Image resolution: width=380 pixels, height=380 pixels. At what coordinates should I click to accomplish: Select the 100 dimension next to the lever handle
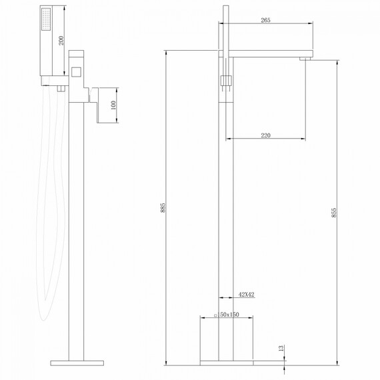coord(113,106)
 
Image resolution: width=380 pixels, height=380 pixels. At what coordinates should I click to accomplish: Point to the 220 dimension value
coord(265,135)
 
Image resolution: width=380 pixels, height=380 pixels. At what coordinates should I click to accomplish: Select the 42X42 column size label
coord(246,293)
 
